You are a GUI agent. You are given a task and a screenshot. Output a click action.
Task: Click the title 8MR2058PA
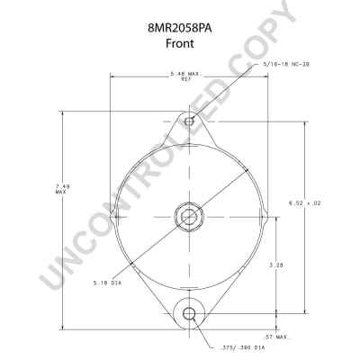pyautogui.click(x=180, y=29)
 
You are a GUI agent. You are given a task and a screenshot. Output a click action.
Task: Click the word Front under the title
pyautogui.click(x=180, y=43)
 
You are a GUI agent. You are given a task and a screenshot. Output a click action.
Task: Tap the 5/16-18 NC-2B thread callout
pyautogui.click(x=286, y=64)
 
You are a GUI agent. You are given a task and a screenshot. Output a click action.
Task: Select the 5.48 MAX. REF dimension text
pyautogui.click(x=186, y=76)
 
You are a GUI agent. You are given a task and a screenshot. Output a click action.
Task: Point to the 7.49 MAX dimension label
pyautogui.click(x=62, y=189)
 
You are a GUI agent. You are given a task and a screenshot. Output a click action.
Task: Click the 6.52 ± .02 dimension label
pyautogui.click(x=305, y=203)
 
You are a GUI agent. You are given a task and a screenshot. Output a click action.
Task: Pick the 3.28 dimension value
pyautogui.click(x=276, y=265)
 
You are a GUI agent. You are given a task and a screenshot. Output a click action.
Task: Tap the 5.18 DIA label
pyautogui.click(x=107, y=283)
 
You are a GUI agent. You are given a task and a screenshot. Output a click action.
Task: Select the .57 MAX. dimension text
pyautogui.click(x=276, y=337)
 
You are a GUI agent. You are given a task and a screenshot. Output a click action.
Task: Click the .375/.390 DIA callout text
pyautogui.click(x=242, y=347)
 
